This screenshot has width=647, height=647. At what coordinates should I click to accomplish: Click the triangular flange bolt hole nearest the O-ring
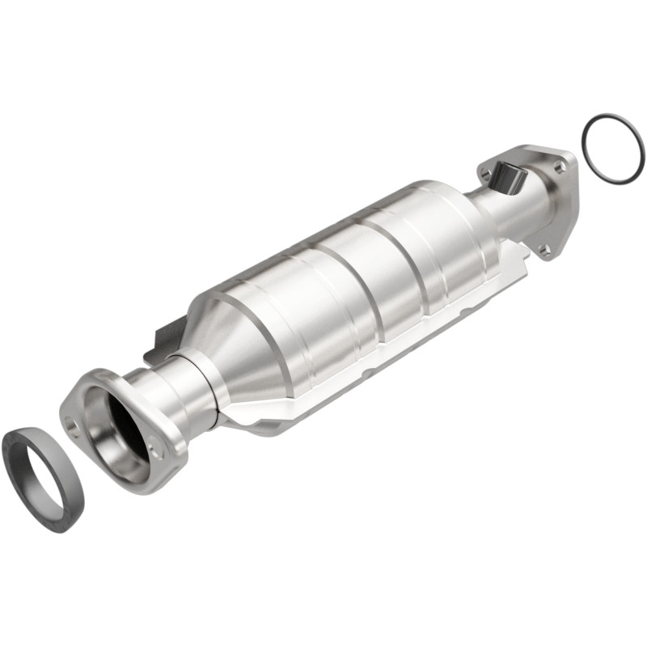(558, 167)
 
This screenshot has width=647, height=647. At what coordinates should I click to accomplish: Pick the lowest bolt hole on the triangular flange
(545, 250)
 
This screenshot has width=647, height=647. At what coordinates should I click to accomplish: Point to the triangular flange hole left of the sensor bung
(485, 172)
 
